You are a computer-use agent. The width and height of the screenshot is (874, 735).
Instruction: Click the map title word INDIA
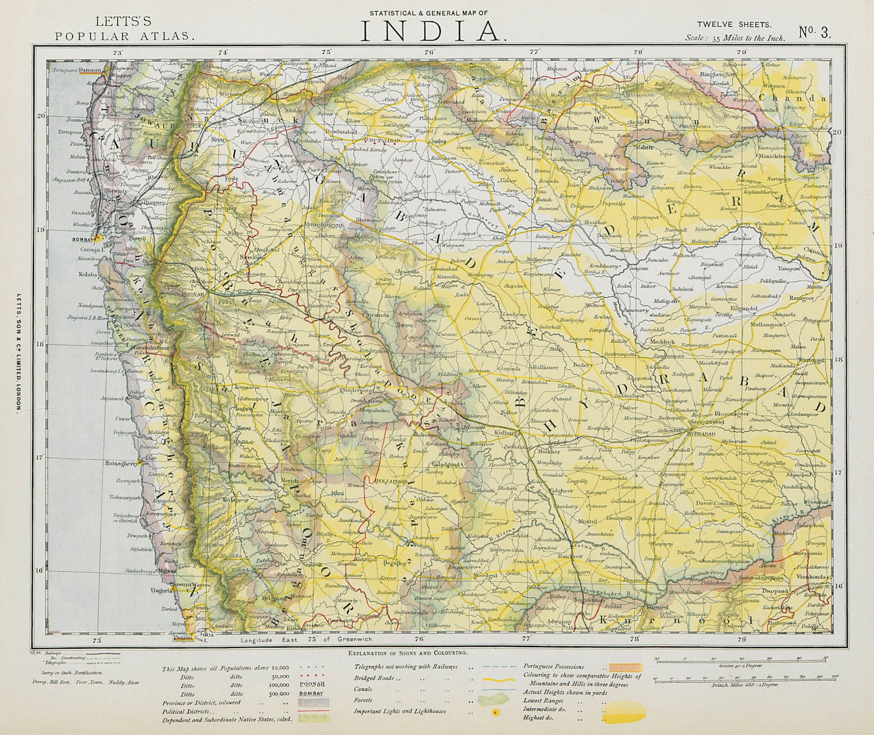[431, 31]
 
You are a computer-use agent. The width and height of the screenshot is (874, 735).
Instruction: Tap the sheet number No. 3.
[815, 32]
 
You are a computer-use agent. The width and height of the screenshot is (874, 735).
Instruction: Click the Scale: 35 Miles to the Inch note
[735, 38]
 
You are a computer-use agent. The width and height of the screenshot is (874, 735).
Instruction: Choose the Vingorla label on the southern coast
[155, 590]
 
